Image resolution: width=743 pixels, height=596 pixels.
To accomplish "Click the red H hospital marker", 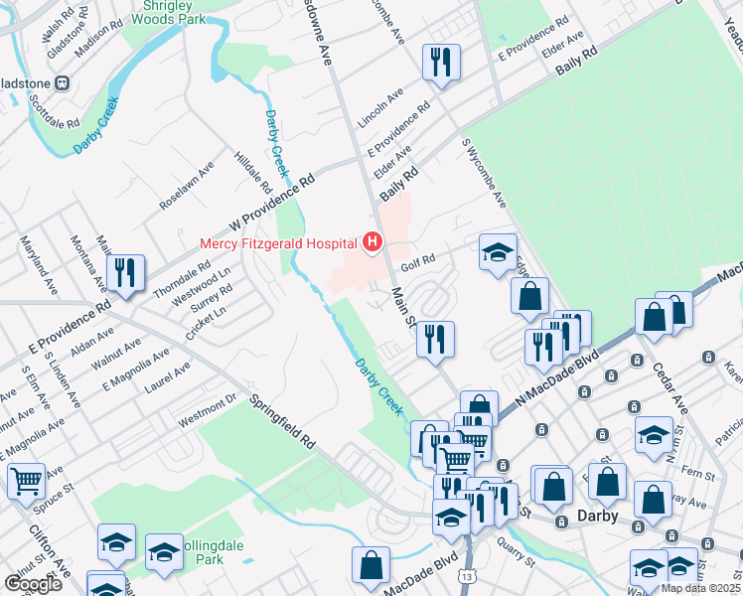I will (372, 241).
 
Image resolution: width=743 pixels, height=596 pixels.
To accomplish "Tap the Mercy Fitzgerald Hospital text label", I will (278, 242).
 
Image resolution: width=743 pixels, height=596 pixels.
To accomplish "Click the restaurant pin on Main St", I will (435, 339).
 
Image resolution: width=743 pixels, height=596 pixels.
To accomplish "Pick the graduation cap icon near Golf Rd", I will (498, 252).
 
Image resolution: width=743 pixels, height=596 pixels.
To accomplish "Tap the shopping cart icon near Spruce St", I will (26, 482).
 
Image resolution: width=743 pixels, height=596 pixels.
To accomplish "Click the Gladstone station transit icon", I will (62, 82).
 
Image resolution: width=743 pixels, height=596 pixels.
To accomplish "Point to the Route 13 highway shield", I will (466, 576).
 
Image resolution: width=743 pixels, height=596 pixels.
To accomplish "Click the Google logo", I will (33, 584).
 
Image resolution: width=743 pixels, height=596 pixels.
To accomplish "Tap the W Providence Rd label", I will (271, 196).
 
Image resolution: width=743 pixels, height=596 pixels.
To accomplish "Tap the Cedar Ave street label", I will (671, 386).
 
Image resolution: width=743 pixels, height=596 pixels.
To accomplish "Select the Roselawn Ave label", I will (187, 186).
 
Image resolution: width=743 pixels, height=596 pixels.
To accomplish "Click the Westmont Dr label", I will (207, 410).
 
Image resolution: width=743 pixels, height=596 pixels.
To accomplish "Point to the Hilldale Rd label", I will (252, 173).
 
